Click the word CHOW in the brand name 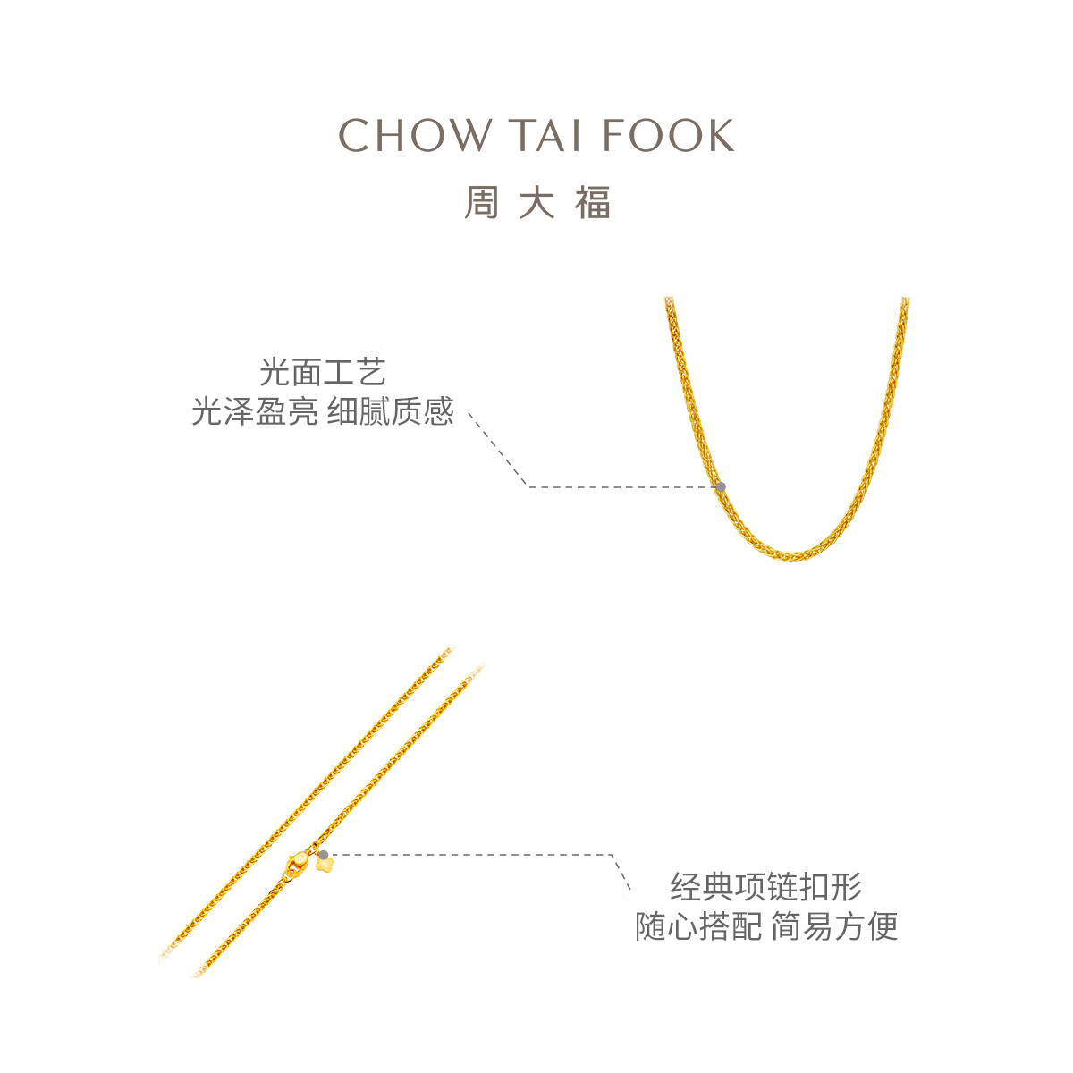415,135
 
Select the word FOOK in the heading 668,135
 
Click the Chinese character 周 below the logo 482,202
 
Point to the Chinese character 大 536,202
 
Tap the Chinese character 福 593,202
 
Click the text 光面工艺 323,372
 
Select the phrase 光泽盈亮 255,411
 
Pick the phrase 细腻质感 391,411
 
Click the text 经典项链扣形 766,886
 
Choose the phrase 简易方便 834,926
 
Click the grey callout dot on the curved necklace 721,487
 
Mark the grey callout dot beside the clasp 324,855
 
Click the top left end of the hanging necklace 669,300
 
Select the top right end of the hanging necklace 906,300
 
